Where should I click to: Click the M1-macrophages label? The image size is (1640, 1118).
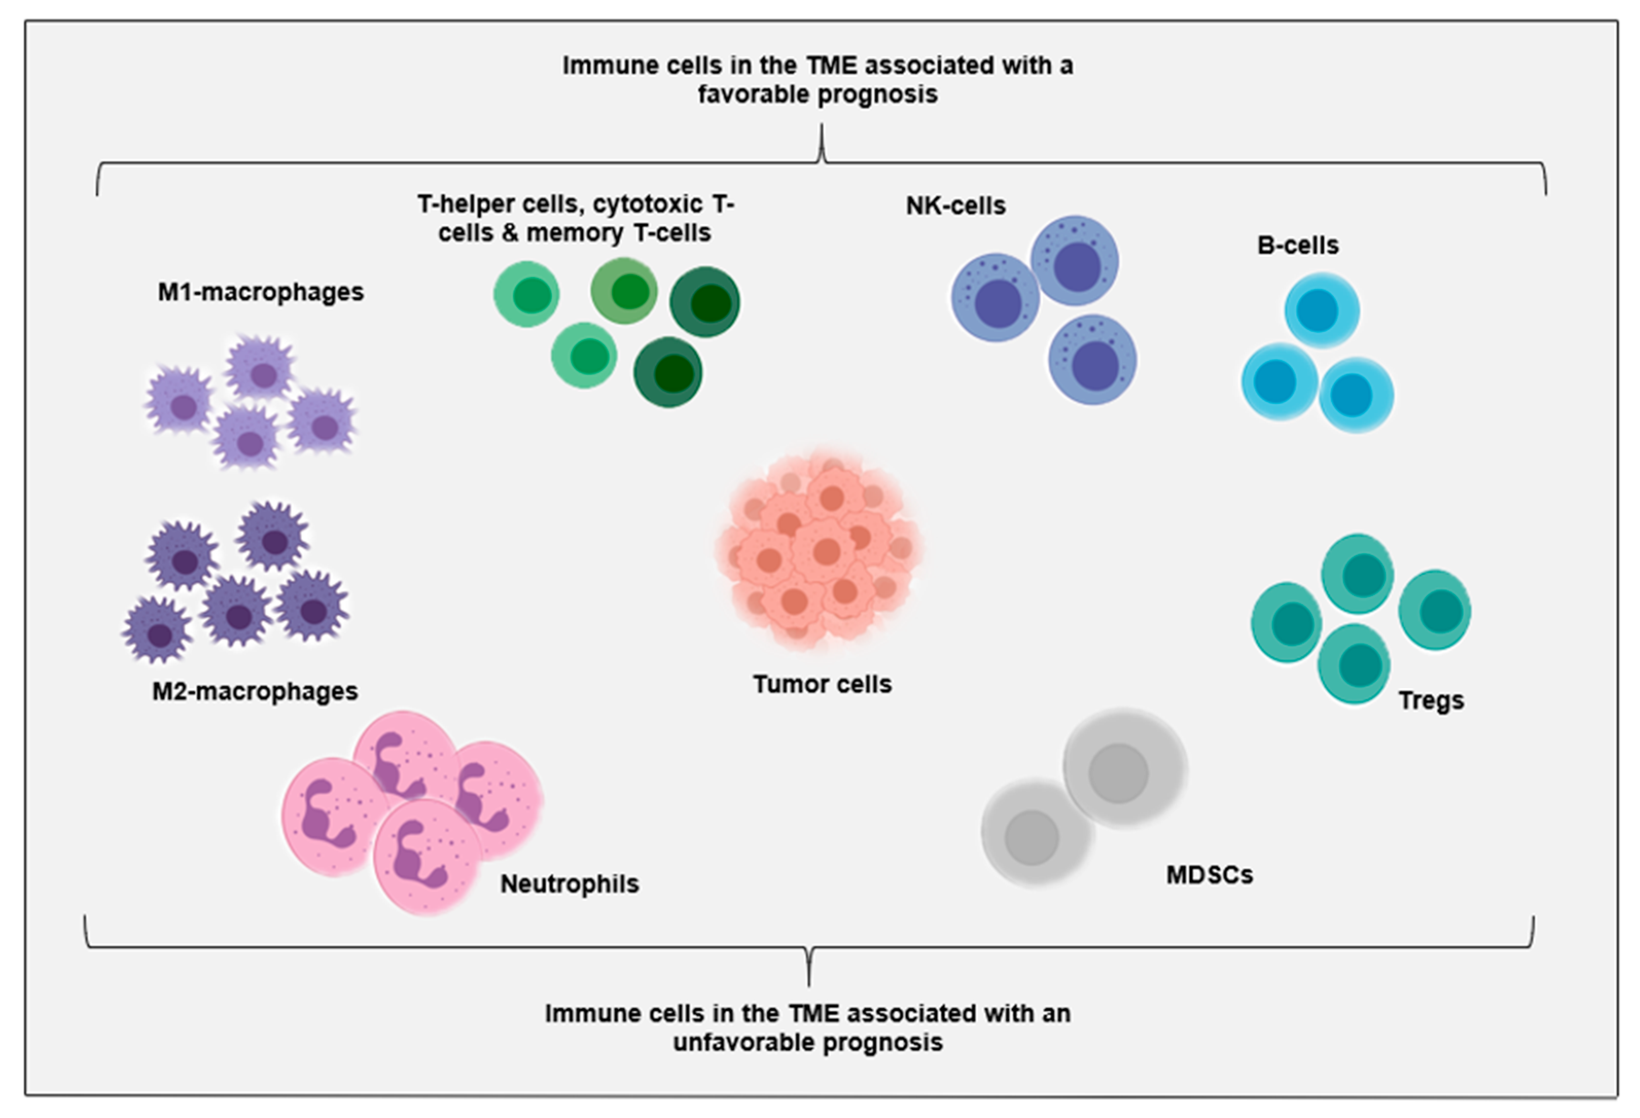pyautogui.click(x=260, y=292)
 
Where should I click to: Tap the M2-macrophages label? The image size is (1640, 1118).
pyautogui.click(x=255, y=691)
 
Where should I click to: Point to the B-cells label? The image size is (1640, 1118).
pyautogui.click(x=1298, y=245)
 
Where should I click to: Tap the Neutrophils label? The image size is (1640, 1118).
pyautogui.click(x=569, y=883)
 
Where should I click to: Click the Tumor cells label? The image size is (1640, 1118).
pyautogui.click(x=822, y=684)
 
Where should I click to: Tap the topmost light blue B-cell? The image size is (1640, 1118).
pyautogui.click(x=1322, y=311)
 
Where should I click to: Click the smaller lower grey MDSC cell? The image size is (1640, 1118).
pyautogui.click(x=1035, y=833)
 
